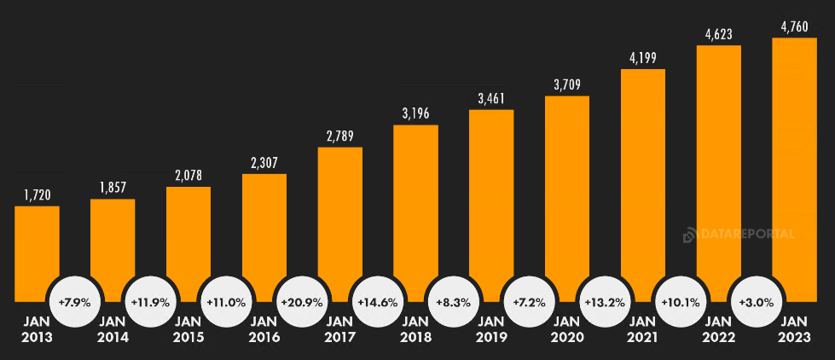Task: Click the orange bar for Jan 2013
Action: coord(37,253)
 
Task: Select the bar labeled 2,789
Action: coord(339,224)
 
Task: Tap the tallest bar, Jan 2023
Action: coord(794,170)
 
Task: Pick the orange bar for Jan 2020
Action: coord(567,198)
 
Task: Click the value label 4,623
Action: coord(718,35)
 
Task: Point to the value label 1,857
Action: coord(113,189)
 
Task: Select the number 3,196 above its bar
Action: coord(415,114)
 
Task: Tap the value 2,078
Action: coord(188,176)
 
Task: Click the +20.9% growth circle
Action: coord(302,303)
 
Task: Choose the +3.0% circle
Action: coord(757,303)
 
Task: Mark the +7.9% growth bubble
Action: coord(74,303)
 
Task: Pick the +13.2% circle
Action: coord(605,303)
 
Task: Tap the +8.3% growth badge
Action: coord(453,303)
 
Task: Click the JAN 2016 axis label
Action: coord(264,329)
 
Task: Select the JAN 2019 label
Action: coord(491,329)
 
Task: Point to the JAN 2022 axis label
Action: coord(719,329)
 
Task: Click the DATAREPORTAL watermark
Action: coord(739,235)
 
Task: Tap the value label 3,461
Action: coord(491,99)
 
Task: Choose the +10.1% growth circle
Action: coord(681,303)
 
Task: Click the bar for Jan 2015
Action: coord(188,244)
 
